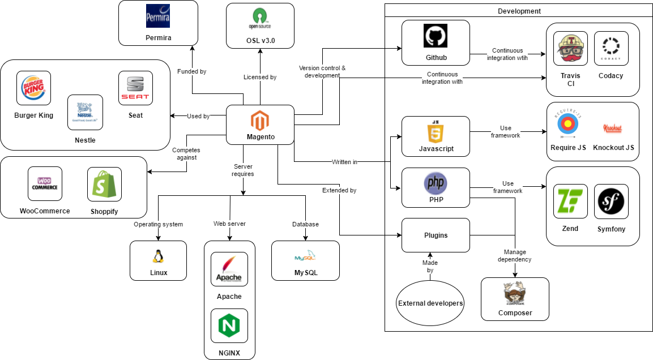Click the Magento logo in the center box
click(260, 120)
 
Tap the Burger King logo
click(33, 88)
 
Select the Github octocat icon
click(436, 36)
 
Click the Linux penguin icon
click(158, 256)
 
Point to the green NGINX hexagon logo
click(229, 325)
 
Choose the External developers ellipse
click(430, 303)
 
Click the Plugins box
click(436, 235)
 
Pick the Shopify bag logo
click(104, 184)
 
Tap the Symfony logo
click(611, 201)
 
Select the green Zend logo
click(570, 201)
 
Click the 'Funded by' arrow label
click(191, 72)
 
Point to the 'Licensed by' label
click(259, 77)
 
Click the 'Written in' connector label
click(344, 162)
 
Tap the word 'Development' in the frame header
click(519, 11)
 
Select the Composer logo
click(515, 295)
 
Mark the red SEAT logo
click(135, 88)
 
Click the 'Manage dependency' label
click(515, 255)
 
